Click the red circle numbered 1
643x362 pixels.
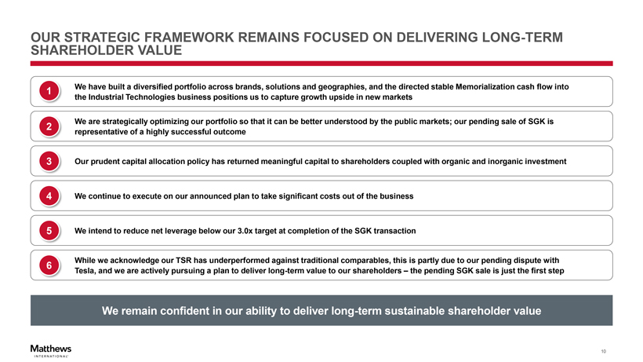[49, 91]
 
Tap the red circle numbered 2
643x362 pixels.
[49, 126]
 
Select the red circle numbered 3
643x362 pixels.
[49, 161]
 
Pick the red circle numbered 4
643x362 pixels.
[49, 196]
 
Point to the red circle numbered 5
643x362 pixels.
[49, 231]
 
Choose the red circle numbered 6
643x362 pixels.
[49, 265]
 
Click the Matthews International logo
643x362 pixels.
[51, 351]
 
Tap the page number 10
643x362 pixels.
[603, 351]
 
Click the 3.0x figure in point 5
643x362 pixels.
[245, 231]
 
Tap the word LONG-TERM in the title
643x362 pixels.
[522, 38]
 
